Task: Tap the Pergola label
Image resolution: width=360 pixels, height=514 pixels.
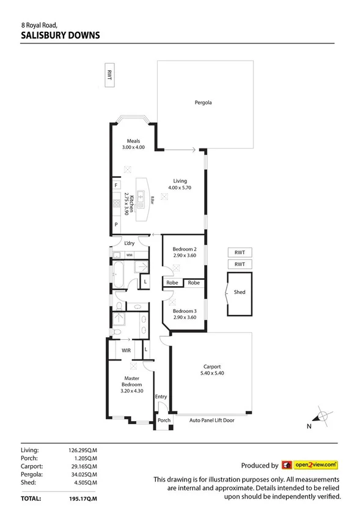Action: coord(203,103)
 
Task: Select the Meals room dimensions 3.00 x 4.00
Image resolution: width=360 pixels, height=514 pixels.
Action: coord(133,147)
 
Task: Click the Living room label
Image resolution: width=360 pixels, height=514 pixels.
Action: coord(180,180)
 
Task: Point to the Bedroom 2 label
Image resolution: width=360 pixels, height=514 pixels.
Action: coord(184,249)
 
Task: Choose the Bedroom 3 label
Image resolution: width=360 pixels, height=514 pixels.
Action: coord(184,310)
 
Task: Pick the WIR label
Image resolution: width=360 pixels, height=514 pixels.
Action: coord(127,351)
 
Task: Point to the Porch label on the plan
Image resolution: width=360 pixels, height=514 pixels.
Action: coord(164,420)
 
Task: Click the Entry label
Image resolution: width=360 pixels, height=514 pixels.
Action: coord(161,397)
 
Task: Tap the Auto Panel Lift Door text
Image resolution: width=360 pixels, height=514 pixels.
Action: coord(211,420)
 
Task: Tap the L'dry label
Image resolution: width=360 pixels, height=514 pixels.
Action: coord(130,244)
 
